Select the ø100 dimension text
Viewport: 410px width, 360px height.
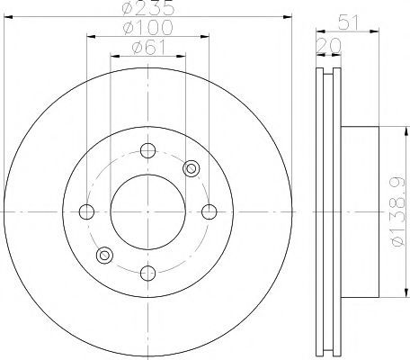[148, 27]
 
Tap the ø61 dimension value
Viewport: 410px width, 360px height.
[148, 47]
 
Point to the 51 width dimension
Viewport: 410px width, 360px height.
[348, 22]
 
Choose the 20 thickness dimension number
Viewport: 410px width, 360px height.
[329, 46]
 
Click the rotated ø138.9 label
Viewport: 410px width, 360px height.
[400, 211]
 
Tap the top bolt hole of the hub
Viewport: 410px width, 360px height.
[147, 150]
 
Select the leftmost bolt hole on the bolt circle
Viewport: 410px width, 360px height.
[86, 211]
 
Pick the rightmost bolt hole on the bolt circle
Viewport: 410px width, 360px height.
[209, 211]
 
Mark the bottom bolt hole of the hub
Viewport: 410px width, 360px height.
[147, 274]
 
